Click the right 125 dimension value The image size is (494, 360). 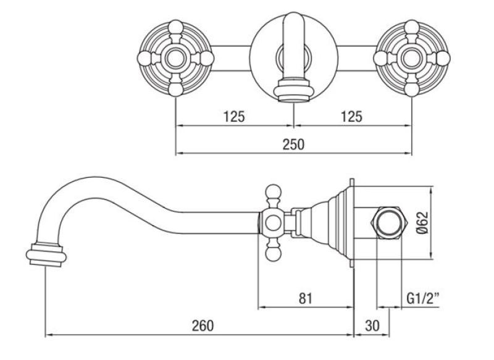click(x=351, y=115)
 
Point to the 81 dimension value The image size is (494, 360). click(x=304, y=298)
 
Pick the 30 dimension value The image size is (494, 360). click(x=372, y=325)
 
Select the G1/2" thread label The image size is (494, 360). click(x=424, y=298)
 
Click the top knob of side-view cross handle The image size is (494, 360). click(x=273, y=191)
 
